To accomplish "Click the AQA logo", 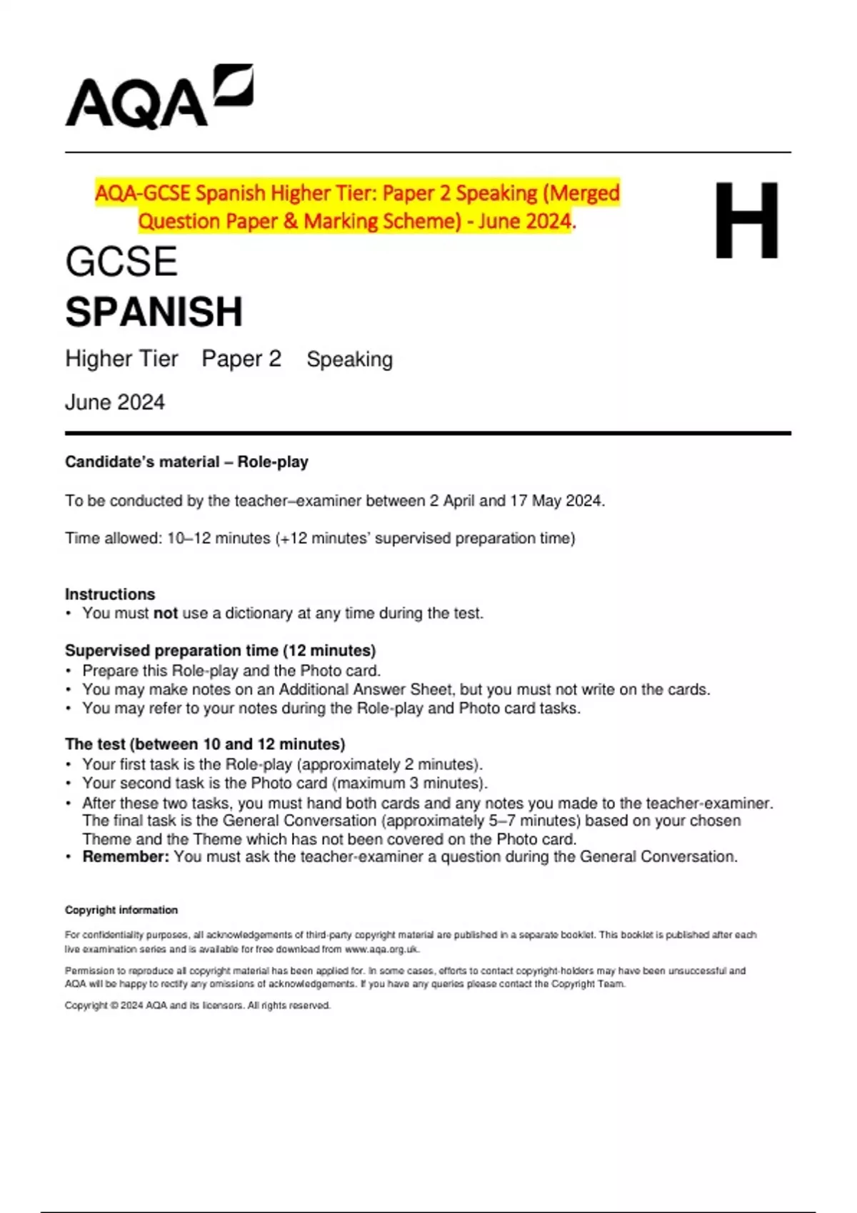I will click(159, 98).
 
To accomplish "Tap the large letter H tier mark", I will click(746, 220).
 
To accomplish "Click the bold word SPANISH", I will click(154, 312).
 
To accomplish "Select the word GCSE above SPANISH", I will click(121, 262).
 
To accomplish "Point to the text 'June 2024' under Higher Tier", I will click(115, 402).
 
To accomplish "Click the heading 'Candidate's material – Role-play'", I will click(186, 462).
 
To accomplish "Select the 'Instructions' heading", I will click(110, 594).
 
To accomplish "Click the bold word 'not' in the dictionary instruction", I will click(166, 613).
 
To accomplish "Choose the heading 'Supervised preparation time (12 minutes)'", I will click(220, 651).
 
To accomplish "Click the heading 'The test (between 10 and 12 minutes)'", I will click(205, 744).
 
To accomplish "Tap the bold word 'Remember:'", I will click(126, 856).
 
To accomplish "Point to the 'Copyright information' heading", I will click(121, 910).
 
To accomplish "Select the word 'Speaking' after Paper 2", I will click(349, 359).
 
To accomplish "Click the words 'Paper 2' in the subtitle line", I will click(241, 358).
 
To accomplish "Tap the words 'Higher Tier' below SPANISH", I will click(121, 358).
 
